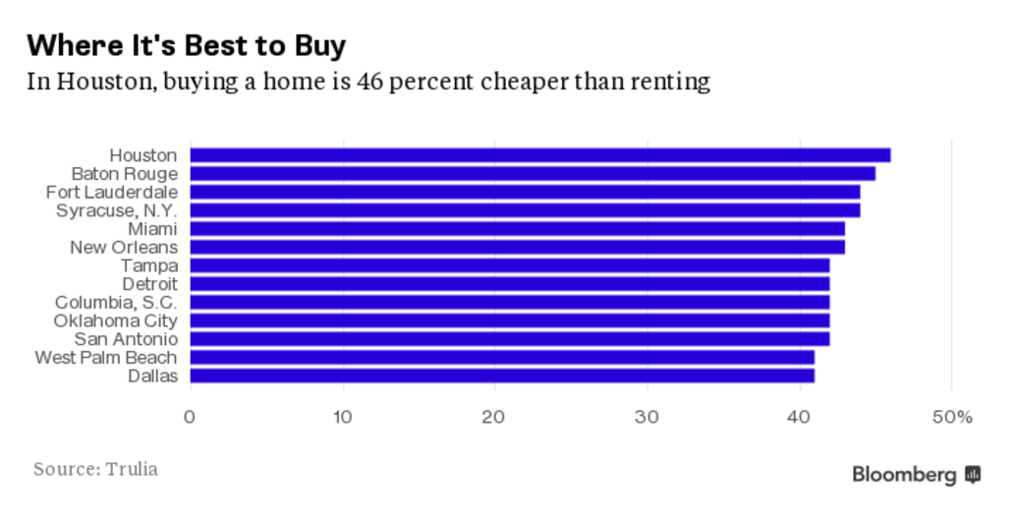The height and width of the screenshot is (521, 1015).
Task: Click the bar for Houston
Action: (x=539, y=155)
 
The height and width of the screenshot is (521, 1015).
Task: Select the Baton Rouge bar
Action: (x=532, y=174)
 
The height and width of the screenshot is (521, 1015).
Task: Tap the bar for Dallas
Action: (x=501, y=376)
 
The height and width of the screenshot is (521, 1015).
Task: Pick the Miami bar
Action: (x=517, y=229)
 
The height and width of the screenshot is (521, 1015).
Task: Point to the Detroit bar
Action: (x=509, y=284)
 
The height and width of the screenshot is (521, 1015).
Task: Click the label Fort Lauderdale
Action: (x=111, y=192)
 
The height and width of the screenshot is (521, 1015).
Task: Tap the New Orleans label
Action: (x=124, y=247)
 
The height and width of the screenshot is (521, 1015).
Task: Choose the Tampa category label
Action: (x=149, y=265)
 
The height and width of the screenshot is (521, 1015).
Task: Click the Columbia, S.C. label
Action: (x=116, y=302)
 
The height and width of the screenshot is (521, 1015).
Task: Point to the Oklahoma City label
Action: (x=116, y=320)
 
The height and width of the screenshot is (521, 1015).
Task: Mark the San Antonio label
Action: (x=126, y=339)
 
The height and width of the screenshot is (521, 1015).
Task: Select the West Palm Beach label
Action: (x=106, y=357)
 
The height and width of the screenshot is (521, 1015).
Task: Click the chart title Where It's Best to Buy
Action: (x=187, y=45)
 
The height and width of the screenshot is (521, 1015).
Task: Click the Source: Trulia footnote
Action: (x=95, y=469)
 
